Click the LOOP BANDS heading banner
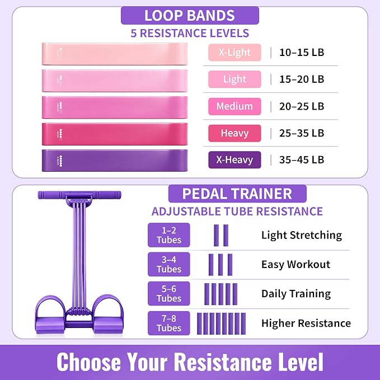coord(190,16)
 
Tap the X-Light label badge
coord(234,53)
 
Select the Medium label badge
coord(234,106)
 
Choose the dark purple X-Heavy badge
coord(234,159)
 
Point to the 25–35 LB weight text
coord(302,133)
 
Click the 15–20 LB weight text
coord(302,79)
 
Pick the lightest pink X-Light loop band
coord(115,54)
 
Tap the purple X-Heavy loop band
coord(115,161)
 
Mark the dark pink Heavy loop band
coord(115,134)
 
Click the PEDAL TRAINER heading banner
coord(237,194)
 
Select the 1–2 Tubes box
coord(169,235)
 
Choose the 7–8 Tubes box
coord(169,323)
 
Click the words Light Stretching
coord(302,235)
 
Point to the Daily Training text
coord(296,294)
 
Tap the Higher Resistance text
coord(306,323)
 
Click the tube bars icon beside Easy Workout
coord(221,265)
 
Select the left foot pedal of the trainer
coord(50,315)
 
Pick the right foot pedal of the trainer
coord(108,315)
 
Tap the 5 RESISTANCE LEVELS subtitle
coord(190,33)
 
